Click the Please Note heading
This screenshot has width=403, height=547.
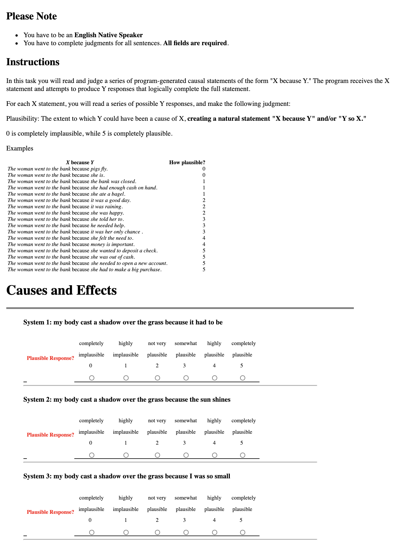31,16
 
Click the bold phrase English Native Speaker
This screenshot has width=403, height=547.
108,35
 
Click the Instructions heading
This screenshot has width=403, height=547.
33,62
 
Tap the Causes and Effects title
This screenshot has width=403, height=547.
61,290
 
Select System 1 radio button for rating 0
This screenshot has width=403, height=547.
91,378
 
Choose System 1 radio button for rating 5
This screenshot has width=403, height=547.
243,378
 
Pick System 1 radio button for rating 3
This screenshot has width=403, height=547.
186,378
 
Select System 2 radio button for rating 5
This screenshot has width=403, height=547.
243,455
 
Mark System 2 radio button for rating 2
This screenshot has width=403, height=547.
157,455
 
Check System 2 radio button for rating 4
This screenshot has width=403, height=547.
215,455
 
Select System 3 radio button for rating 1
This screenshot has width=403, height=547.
126,532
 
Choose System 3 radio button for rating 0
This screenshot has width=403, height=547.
91,532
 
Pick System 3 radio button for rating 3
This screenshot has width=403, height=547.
186,532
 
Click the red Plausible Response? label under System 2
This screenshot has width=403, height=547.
50,435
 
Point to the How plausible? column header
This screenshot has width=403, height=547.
187,162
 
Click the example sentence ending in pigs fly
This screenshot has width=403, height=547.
57,169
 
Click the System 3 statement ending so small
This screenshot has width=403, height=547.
127,476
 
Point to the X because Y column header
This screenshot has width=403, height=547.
80,162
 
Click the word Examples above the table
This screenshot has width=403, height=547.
20,148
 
